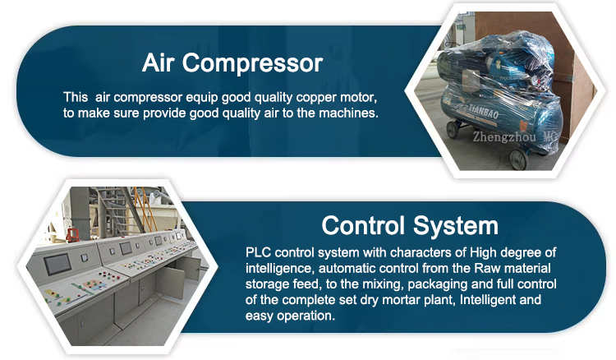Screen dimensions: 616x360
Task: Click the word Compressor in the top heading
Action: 252,63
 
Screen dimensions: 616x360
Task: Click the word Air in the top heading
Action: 158,63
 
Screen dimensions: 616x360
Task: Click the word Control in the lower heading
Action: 363,226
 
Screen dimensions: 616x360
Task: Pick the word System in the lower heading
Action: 456,227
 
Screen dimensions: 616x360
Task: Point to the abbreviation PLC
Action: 259,252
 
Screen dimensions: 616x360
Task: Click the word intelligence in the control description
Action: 279,269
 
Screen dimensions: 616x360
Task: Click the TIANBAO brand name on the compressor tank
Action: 484,112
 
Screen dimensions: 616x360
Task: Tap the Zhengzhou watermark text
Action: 504,136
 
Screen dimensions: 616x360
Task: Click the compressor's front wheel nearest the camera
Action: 518,158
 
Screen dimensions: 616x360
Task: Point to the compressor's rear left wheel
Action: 453,129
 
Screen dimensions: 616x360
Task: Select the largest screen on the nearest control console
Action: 57,265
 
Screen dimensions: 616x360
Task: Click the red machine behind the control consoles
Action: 71,234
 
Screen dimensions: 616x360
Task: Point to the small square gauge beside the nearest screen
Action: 84,258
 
